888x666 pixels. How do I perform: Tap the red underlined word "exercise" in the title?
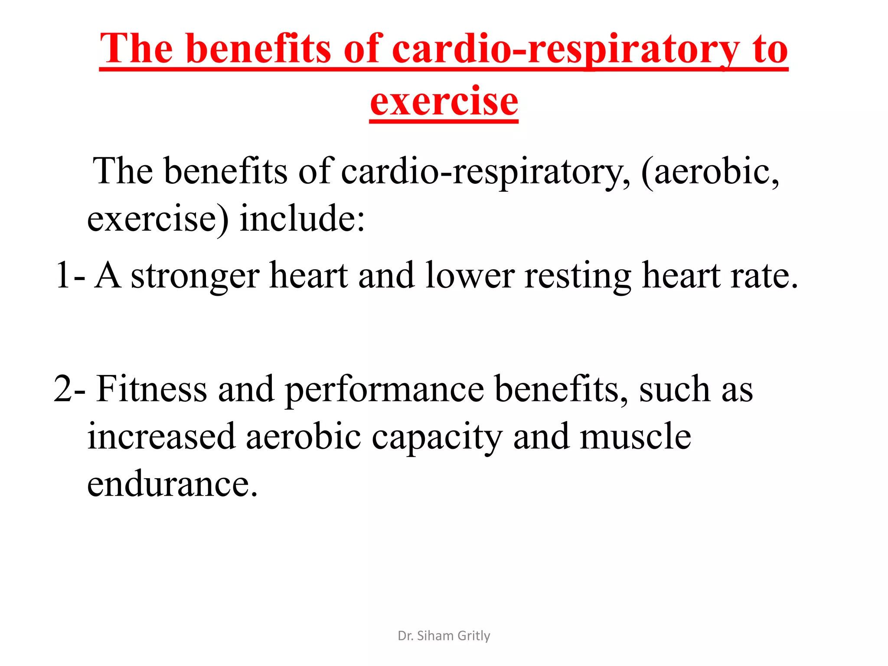(x=444, y=102)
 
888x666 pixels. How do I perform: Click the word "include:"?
(x=302, y=218)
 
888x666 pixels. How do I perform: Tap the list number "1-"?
(x=70, y=275)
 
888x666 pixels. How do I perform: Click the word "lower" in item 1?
(x=470, y=275)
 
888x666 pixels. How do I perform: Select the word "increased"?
(x=161, y=437)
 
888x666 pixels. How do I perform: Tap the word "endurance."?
(x=172, y=484)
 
